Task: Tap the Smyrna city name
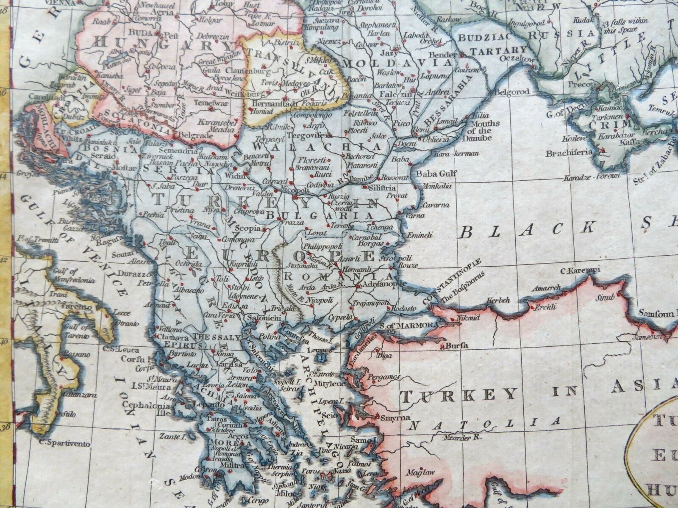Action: click(x=396, y=417)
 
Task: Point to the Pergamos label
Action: click(x=385, y=376)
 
